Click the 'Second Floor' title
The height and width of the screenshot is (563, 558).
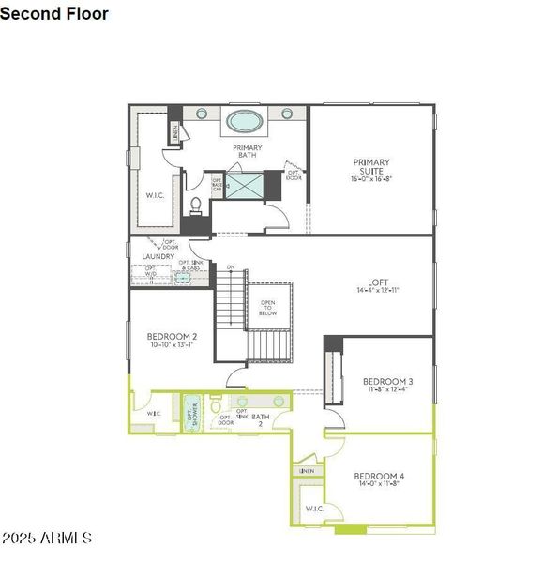[x=54, y=14]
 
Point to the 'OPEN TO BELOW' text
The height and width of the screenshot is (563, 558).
[x=267, y=308]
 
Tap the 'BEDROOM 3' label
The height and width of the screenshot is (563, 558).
[x=387, y=381]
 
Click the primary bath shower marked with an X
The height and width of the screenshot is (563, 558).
[x=246, y=185]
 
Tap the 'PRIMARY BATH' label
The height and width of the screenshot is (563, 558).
[x=248, y=152]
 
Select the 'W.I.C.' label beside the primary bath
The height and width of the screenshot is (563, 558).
[x=156, y=196]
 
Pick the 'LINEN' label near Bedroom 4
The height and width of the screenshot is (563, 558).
[x=307, y=470]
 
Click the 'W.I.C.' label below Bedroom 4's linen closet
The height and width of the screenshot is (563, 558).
[x=313, y=509]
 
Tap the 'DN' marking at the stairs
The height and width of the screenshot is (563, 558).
[x=230, y=268]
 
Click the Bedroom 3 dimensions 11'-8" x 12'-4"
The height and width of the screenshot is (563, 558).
[x=387, y=390]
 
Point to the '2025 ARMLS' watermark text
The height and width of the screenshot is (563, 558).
[x=47, y=539]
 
